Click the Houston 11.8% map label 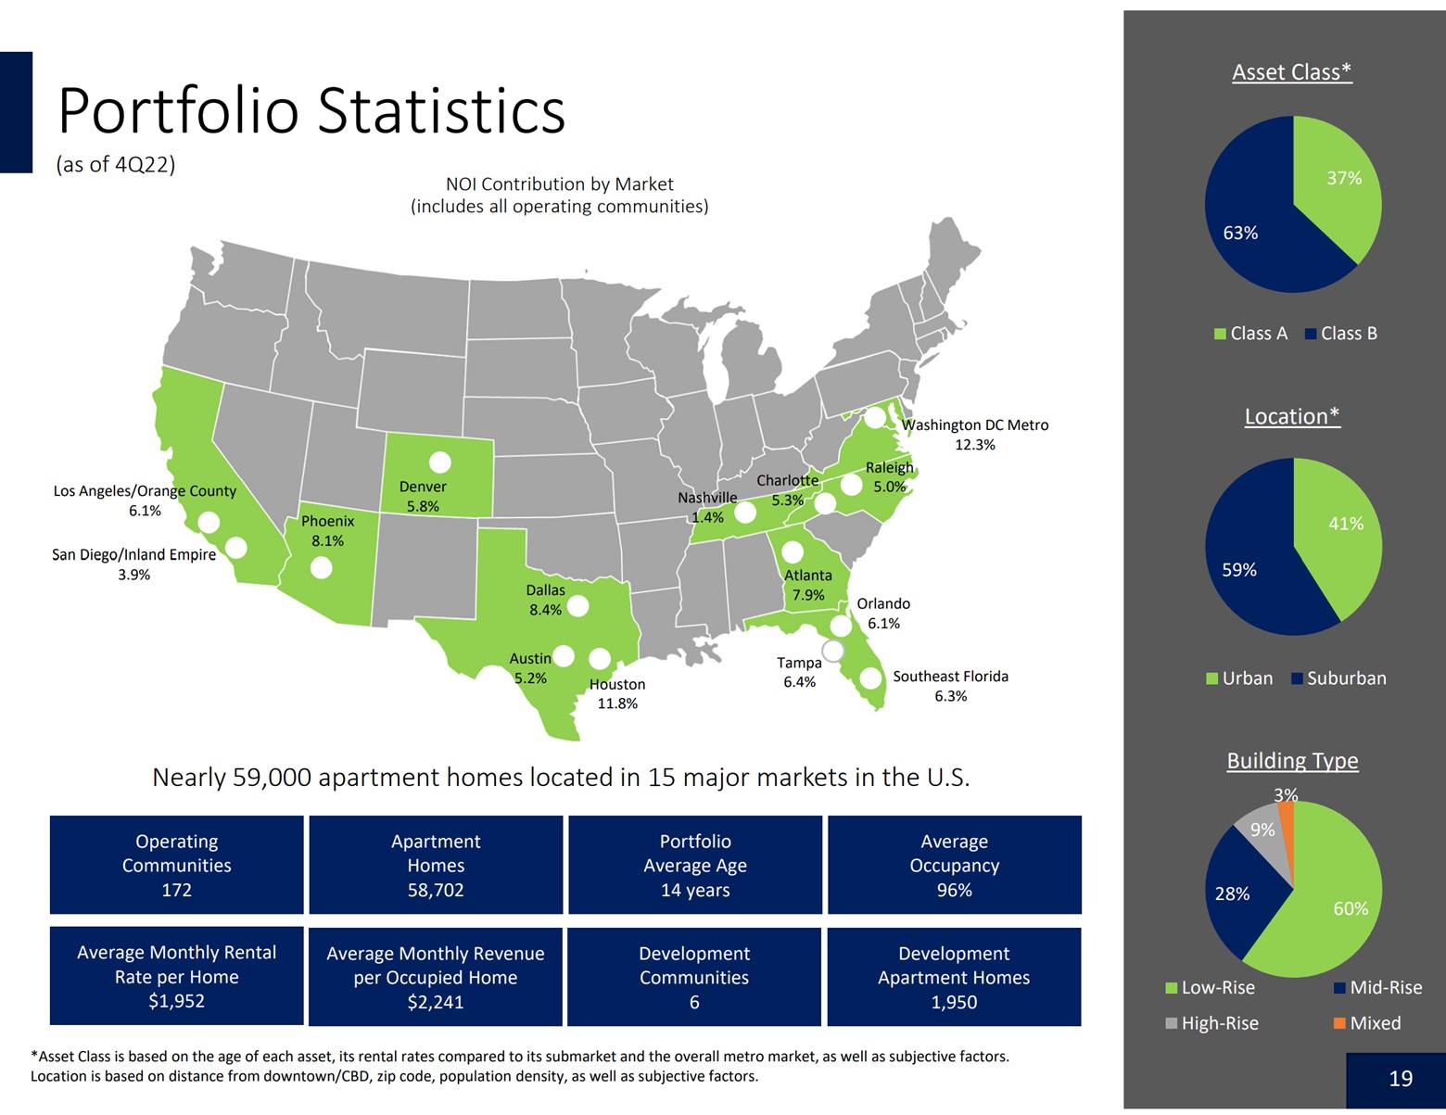[x=617, y=694]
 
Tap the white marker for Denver [x=439, y=462]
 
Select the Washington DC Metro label [x=975, y=435]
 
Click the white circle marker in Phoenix [x=321, y=567]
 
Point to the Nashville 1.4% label [x=707, y=508]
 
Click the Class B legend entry [x=1340, y=334]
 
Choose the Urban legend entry [x=1239, y=678]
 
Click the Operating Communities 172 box [x=176, y=866]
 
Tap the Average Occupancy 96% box [x=954, y=866]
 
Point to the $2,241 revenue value [x=435, y=1002]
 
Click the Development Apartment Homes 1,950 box [x=954, y=977]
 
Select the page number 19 [x=1400, y=1079]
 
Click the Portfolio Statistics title [x=311, y=111]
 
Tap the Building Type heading [x=1292, y=761]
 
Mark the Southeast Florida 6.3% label [x=950, y=686]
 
